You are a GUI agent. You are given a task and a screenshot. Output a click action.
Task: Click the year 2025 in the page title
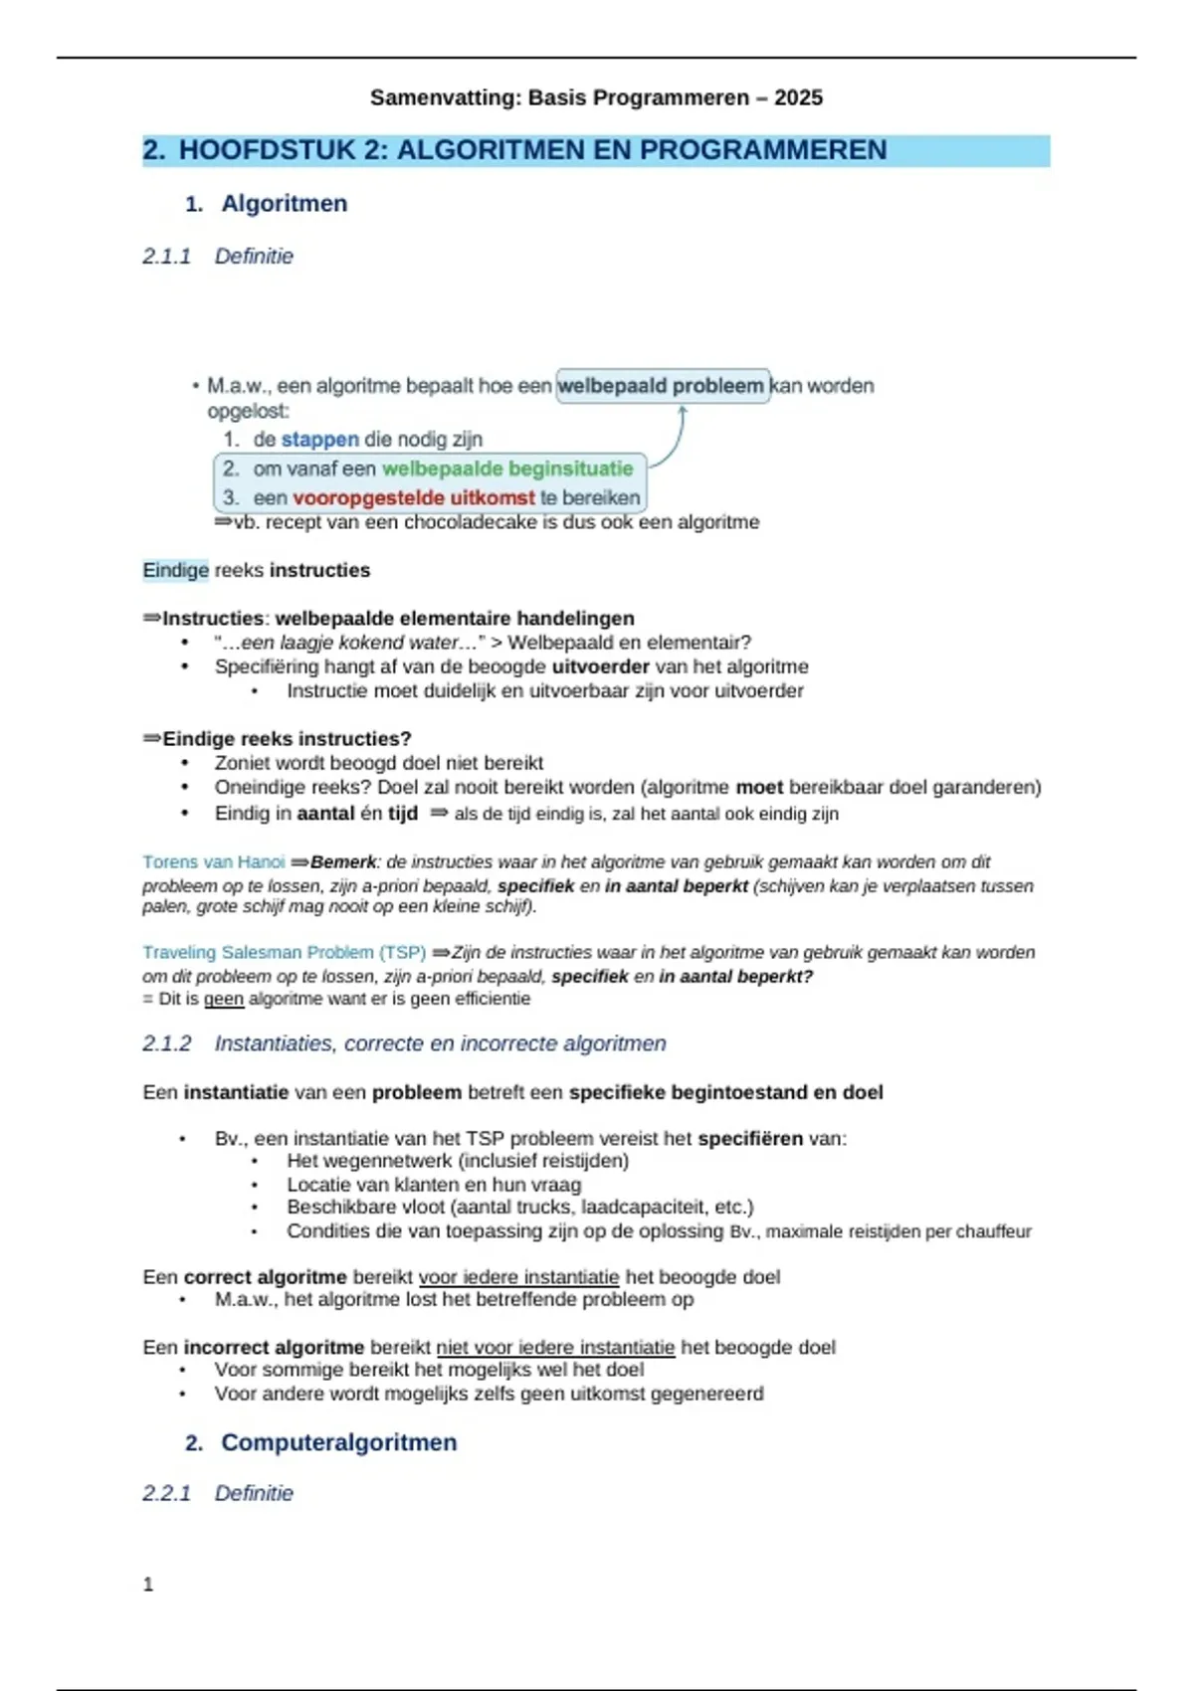(x=798, y=97)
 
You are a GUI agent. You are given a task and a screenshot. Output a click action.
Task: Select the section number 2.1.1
(x=166, y=257)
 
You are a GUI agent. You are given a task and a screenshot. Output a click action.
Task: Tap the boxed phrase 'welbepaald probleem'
(x=662, y=386)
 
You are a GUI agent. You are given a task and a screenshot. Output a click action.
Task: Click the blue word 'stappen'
(x=319, y=440)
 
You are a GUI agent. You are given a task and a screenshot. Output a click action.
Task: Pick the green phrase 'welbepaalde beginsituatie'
(x=507, y=469)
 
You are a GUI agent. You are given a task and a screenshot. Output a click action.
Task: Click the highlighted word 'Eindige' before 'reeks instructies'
(x=175, y=570)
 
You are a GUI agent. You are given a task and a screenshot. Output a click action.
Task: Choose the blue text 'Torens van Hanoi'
(x=213, y=862)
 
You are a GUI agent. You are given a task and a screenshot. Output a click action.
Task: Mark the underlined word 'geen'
(x=223, y=999)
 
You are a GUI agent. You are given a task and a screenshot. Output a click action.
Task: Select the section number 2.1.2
(x=166, y=1043)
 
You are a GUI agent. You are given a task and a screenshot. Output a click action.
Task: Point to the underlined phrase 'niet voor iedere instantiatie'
(x=555, y=1348)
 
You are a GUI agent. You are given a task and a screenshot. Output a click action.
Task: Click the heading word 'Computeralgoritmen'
(x=338, y=1442)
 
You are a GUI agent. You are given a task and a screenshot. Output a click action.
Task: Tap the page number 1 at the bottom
(x=148, y=1585)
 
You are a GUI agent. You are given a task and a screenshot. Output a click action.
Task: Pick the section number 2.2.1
(x=166, y=1493)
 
